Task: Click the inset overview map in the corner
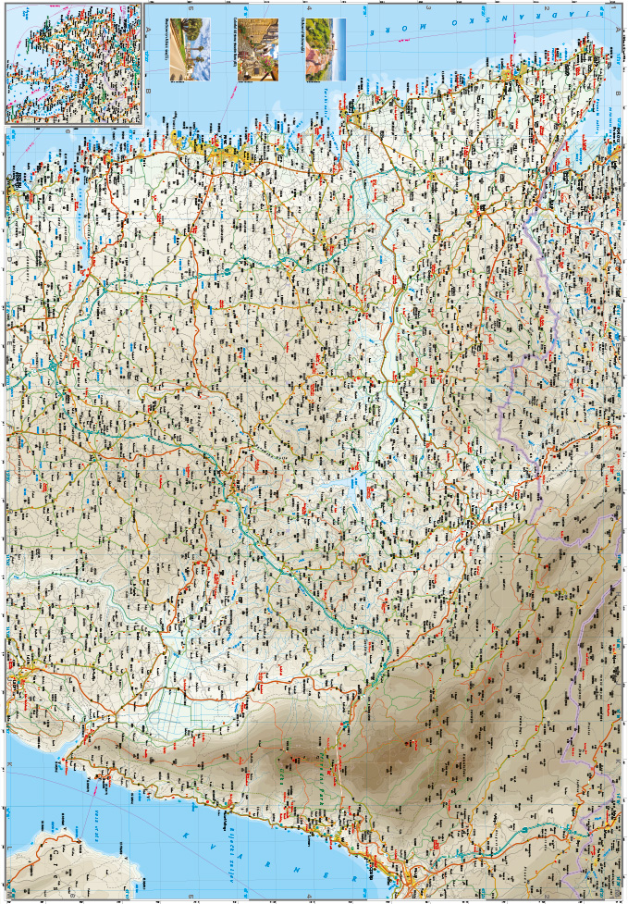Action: coord(74,63)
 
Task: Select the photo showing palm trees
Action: coord(190,49)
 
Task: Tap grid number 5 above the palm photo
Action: coord(190,7)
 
